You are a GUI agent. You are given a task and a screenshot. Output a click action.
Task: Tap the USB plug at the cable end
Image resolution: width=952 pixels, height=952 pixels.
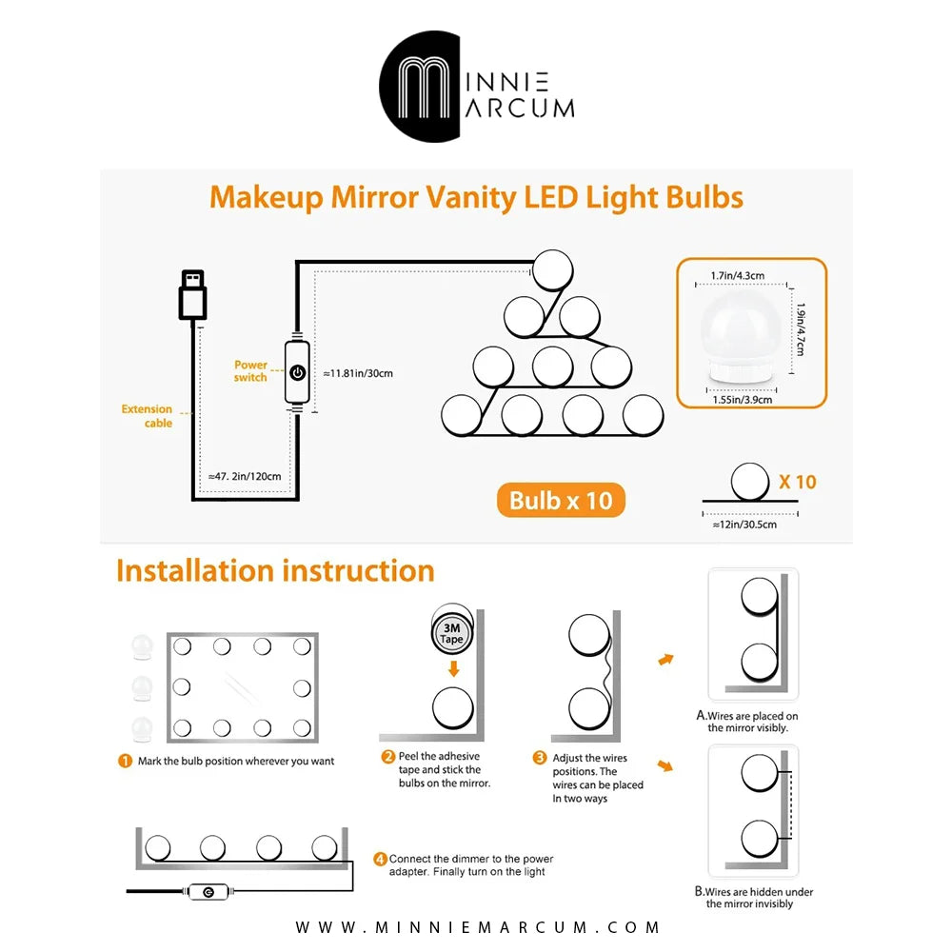[192, 295]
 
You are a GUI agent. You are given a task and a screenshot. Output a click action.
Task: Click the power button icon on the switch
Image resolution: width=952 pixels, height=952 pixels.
[297, 372]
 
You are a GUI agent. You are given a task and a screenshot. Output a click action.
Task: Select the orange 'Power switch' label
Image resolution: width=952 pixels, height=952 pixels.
[250, 371]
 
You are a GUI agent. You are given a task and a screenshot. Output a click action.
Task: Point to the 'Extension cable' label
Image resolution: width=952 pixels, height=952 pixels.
[147, 416]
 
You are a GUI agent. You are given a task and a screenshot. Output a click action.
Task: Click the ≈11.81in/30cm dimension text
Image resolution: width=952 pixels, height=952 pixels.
[358, 373]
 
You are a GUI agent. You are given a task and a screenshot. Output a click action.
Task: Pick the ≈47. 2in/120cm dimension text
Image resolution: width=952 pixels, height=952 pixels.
[245, 477]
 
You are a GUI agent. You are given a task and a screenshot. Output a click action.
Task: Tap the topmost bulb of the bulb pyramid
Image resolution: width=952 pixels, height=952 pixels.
[552, 270]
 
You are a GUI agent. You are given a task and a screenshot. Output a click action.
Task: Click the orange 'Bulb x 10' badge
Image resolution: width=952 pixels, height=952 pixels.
[561, 501]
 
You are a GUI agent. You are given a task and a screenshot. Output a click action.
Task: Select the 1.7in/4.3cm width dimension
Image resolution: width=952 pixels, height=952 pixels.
[738, 276]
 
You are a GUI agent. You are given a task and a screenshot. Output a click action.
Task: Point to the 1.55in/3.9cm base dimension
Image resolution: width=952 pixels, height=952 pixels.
[743, 400]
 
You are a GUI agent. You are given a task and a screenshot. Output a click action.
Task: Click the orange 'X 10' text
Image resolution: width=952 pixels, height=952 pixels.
[798, 482]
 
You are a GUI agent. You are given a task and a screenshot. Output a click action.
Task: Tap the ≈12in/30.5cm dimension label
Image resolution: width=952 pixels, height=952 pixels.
[744, 525]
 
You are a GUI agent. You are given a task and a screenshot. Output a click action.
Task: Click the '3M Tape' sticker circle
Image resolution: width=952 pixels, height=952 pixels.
[451, 633]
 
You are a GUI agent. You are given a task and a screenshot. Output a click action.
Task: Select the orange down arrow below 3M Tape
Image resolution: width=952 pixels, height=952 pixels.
[453, 668]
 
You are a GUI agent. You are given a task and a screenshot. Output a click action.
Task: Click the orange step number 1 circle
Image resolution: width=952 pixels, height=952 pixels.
[125, 762]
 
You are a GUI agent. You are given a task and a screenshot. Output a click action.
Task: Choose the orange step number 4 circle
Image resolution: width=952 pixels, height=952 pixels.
[380, 859]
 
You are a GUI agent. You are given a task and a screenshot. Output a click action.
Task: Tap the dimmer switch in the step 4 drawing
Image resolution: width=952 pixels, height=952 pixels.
[208, 892]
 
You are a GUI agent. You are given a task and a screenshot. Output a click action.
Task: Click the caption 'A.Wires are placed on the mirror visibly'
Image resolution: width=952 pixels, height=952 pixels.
[747, 722]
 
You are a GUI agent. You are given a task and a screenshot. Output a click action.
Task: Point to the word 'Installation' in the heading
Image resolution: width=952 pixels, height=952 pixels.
[195, 570]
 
